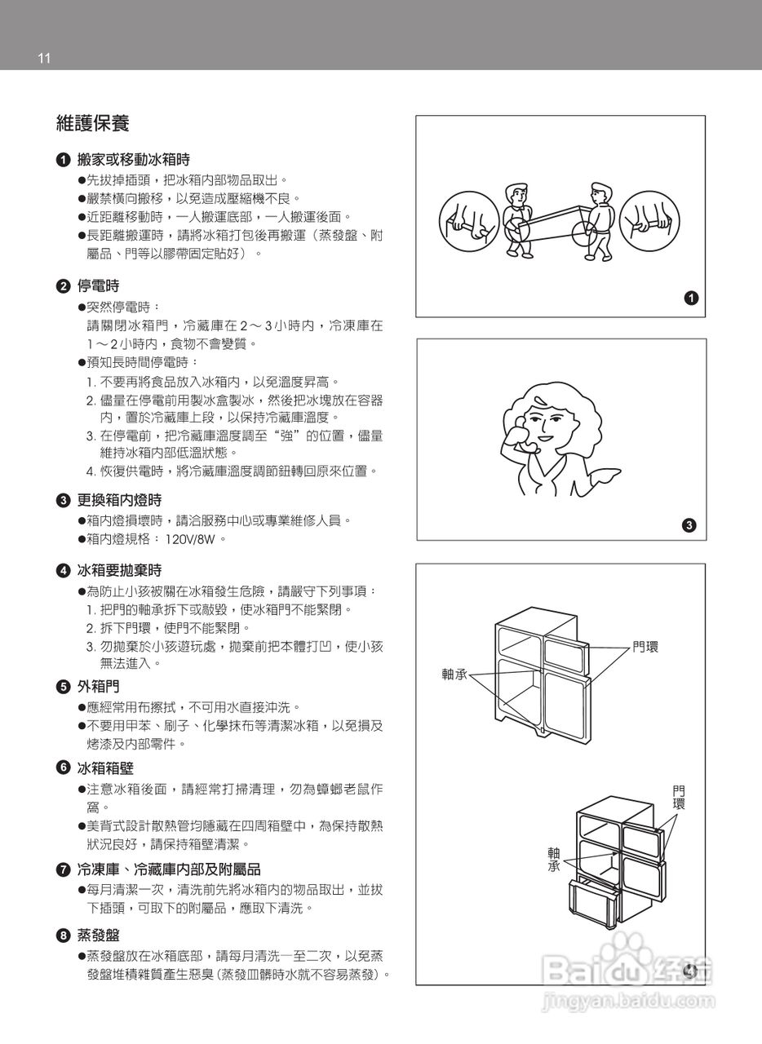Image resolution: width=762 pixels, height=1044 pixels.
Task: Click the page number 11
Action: point(44,58)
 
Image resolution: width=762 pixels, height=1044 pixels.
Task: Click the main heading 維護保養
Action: point(92,124)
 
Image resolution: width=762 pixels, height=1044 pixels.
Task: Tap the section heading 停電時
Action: point(98,286)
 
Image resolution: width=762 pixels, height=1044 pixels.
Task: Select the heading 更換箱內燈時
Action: point(119,500)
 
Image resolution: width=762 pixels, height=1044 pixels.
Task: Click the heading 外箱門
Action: point(98,687)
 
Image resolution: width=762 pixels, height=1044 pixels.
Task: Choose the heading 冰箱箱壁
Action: point(105,768)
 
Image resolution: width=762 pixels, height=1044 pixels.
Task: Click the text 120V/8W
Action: point(192,539)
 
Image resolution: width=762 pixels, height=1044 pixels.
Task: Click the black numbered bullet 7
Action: point(63,869)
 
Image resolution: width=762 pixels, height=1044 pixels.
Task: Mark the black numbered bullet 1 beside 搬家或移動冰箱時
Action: point(63,160)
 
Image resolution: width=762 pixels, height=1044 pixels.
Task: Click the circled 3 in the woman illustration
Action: point(689,525)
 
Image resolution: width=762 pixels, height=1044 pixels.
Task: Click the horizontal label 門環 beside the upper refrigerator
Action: point(645,647)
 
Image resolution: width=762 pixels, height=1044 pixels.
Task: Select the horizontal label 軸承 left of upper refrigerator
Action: point(454,675)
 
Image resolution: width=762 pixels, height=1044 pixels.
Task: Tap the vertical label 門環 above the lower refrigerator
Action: point(679,797)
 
